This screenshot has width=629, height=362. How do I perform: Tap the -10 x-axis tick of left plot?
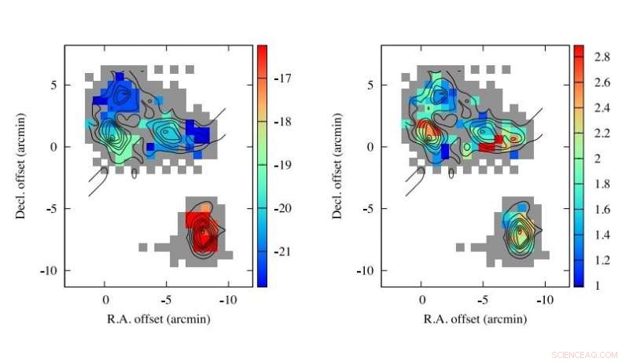tap(228, 299)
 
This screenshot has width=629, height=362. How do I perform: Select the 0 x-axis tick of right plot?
tap(422, 299)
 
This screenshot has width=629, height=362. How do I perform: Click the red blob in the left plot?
tap(202, 231)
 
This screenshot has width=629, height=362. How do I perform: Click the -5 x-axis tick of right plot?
tap(483, 299)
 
